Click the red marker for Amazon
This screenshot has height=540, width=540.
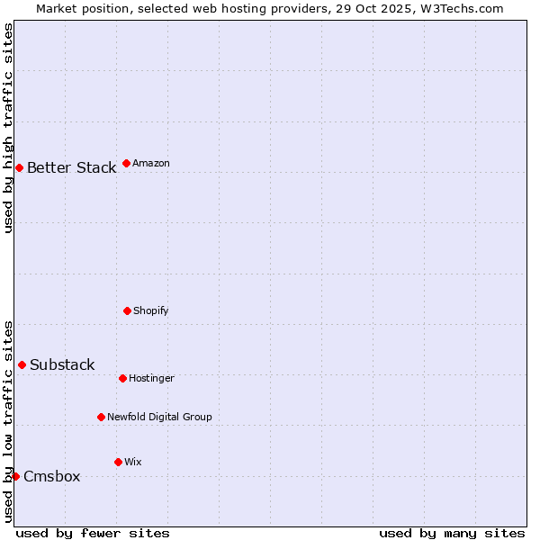coord(126,163)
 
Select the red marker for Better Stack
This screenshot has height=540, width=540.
coord(19,167)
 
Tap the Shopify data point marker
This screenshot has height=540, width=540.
coord(127,310)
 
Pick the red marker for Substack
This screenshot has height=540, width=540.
coord(22,364)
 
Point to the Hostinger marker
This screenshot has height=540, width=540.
coord(122,378)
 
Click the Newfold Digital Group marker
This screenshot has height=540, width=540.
coord(101,417)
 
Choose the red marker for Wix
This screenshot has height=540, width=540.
coord(118,462)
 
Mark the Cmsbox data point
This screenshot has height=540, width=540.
coord(15,476)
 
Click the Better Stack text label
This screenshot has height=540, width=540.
coord(71,168)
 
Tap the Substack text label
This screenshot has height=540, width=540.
coord(62,365)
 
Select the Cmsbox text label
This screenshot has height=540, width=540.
coord(51,477)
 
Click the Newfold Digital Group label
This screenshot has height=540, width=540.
coord(159,417)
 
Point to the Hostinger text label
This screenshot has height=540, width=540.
coord(151,378)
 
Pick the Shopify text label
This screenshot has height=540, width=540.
coord(150,310)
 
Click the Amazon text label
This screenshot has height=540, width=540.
coord(150,163)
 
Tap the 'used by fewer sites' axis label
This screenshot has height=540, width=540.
coord(93,533)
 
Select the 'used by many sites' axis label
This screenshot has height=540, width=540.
coord(452,533)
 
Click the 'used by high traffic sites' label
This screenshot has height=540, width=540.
coord(8,128)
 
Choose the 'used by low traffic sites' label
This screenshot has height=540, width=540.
coord(8,421)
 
